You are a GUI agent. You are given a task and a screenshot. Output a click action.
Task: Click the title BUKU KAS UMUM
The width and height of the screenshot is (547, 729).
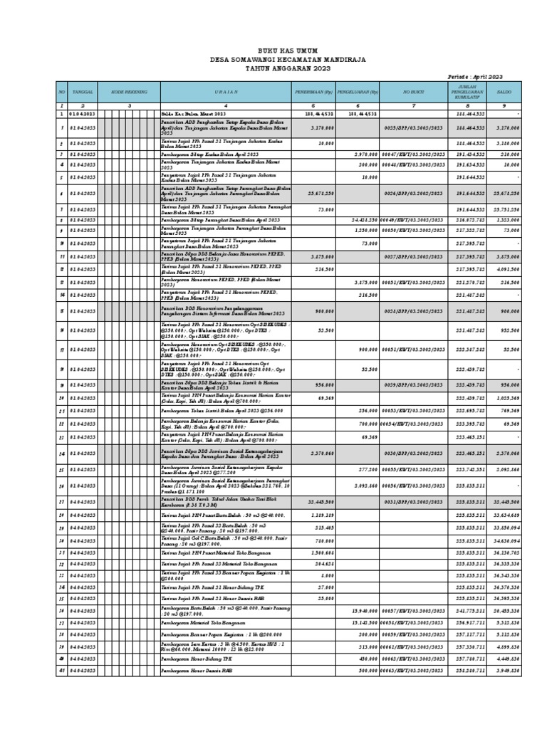coord(273,51)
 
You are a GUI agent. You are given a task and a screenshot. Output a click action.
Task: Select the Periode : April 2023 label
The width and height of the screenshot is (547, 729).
coord(475,76)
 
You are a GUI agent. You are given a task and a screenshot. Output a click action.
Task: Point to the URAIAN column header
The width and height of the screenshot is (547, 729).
coord(226,92)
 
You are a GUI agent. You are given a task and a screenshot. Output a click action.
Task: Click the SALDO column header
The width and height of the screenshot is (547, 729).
coord(505,92)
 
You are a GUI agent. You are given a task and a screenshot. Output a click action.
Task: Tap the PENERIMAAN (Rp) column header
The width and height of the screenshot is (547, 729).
coord(313,92)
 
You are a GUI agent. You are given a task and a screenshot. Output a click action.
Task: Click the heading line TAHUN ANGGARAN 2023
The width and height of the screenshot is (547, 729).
coord(273,68)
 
